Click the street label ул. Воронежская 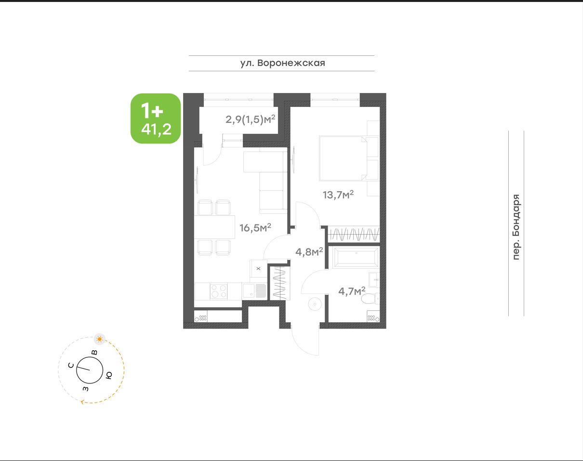pos(282,63)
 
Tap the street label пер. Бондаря pos(517,227)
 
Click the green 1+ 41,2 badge pos(156,119)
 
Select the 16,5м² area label pos(255,227)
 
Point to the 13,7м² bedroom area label pos(338,195)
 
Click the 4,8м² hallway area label pos(309,251)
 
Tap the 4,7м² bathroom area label pos(352,291)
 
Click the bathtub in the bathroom pos(356,257)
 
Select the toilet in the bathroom pos(371,299)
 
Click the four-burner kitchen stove pos(219,291)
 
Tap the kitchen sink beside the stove pos(255,290)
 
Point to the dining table pos(214,227)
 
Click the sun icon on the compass pos(100,339)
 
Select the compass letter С pos(71,366)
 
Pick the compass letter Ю pos(108,375)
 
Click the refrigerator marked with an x pos(258,269)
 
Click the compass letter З pos(86,389)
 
